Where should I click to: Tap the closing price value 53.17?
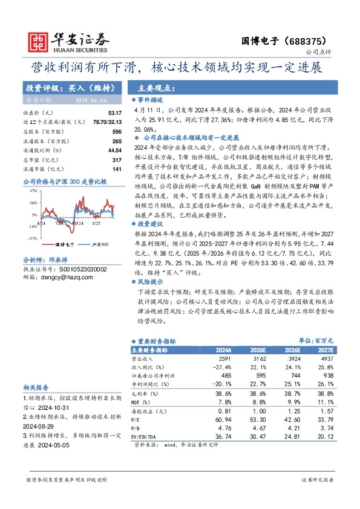[114, 113]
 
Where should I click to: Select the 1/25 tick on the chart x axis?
[96, 222]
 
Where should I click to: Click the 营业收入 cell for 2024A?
[224, 358]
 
